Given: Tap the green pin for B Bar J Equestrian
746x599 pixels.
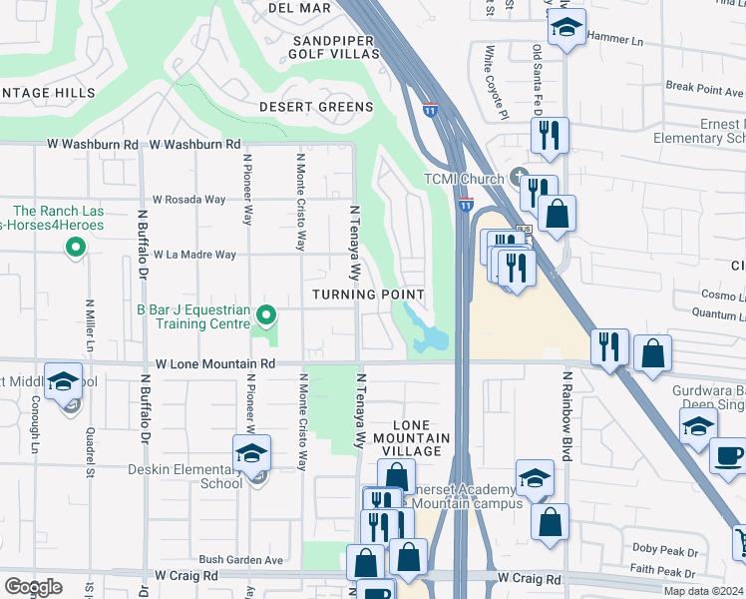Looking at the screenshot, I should pos(265,316).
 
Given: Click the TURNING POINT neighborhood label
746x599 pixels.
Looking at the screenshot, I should pos(368,295).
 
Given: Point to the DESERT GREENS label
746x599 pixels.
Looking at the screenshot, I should pos(316,107).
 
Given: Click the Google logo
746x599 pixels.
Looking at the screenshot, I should pos(33,586).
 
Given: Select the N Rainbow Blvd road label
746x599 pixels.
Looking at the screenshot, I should pos(565,416).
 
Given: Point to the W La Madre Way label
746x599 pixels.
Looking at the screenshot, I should pos(194,255).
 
